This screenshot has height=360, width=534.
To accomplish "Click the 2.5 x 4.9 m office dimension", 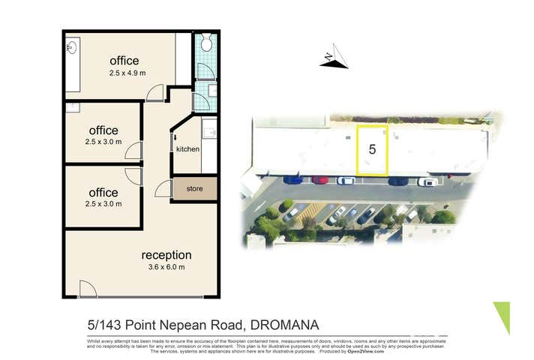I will click(x=124, y=74).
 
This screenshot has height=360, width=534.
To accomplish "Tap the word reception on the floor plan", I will click(x=166, y=255).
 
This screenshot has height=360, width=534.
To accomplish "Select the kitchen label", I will click(x=187, y=149).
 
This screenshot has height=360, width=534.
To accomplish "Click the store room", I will click(x=195, y=189).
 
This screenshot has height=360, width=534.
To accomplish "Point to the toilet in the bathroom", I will click(x=206, y=43).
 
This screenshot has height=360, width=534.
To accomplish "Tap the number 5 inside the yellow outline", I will click(x=372, y=148).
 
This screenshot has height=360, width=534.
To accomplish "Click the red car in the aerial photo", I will click(x=320, y=180).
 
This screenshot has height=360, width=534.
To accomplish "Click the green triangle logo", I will click(x=502, y=316).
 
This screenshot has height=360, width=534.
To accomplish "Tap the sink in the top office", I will click(x=70, y=48).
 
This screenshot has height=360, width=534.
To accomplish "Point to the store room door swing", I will click(x=163, y=189).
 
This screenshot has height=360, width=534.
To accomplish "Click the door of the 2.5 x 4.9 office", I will click(x=155, y=93).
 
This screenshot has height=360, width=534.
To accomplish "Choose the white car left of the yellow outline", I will click(x=346, y=180).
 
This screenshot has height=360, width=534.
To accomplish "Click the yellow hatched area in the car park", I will click(x=309, y=214).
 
